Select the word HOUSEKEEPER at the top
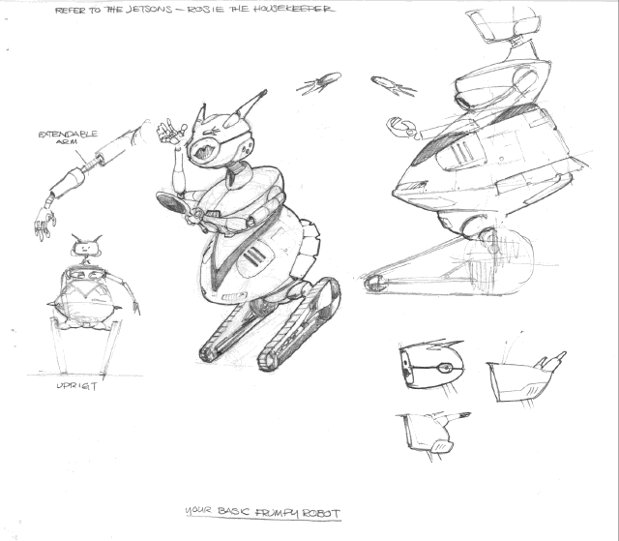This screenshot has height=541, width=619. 292,9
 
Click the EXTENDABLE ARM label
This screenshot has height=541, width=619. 68,137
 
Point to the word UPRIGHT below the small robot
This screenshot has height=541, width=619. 76,386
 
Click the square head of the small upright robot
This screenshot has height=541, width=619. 86,248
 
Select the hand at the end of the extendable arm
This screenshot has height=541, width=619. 45,224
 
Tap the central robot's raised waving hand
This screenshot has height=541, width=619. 170,131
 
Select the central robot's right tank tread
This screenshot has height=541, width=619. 299,324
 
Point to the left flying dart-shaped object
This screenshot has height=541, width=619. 318,83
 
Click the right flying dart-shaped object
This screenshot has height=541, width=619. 393,86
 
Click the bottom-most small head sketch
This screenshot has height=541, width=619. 432,435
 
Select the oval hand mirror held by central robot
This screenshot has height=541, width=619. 171,202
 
